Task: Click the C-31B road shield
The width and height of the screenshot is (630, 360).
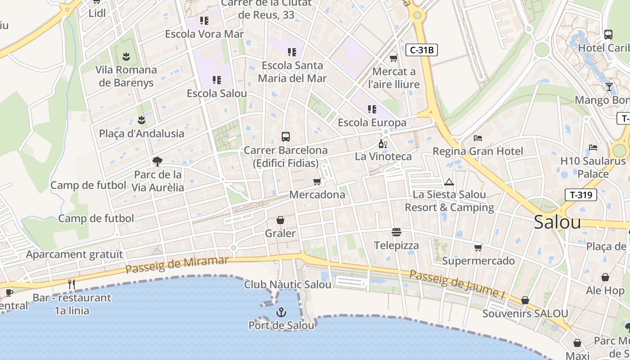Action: pos(422,50)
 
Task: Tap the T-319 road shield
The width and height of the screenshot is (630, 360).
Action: pos(580,195)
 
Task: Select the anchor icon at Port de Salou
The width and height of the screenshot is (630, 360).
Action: pos(281,312)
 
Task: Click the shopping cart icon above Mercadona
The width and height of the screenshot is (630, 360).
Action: pos(317,181)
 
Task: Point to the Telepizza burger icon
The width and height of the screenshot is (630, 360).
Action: pos(396,232)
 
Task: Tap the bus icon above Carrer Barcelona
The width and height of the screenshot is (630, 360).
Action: pos(285,136)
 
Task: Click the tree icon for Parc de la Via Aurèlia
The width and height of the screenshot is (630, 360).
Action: pos(157,161)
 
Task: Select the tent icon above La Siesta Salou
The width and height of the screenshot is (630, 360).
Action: pos(449,182)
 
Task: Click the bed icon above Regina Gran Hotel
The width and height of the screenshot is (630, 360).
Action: pos(478,138)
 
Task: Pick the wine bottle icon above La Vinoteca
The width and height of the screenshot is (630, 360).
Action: pos(382,144)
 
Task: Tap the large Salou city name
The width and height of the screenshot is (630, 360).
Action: pos(558,222)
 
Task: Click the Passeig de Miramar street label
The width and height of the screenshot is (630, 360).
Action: pos(177,265)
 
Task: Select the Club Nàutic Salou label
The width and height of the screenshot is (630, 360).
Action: pos(288,284)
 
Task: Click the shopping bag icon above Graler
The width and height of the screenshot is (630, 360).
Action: pos(280,220)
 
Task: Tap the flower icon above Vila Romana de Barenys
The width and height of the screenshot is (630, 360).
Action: pos(126,57)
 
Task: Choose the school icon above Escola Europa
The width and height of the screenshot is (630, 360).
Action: pos(372,109)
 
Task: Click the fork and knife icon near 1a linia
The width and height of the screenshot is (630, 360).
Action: pos(71,284)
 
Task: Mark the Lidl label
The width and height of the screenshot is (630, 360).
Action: pos(97,13)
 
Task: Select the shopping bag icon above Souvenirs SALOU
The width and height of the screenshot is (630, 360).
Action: pos(525,300)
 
